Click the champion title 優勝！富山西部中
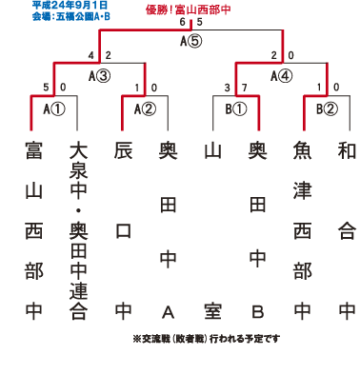coord(188,10)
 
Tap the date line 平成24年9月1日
coord(70,5)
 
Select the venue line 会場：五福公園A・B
coord(70,16)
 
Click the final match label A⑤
coord(190,41)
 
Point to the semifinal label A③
coord(99,76)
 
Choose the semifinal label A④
coord(281,76)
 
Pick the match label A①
coord(54,109)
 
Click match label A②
coord(145,109)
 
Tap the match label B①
coord(236,109)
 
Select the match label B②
coord(327,109)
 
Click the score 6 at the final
coord(182,22)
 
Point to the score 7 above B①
coord(244,88)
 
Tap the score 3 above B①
coord(227,88)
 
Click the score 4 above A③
coord(91,55)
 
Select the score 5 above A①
coord(46,88)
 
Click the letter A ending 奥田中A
coord(168,312)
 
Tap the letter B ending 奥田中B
coord(258,312)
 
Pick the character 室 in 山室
coord(212,311)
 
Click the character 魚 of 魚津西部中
coord(302,150)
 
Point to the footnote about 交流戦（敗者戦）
coord(207,339)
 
